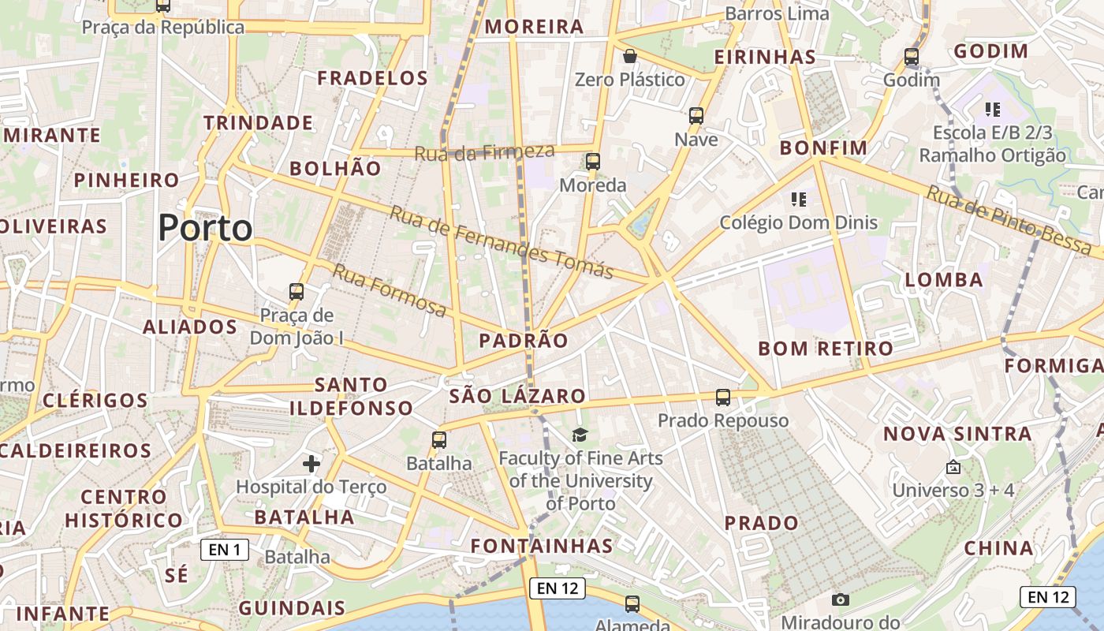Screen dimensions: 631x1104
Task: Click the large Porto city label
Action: coord(205,228)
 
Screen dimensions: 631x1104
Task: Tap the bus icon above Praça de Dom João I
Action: coord(297,291)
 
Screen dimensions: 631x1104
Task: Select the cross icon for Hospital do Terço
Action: coord(311,463)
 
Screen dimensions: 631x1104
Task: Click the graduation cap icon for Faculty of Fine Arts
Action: coord(580,435)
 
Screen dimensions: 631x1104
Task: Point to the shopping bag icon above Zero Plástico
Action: coord(629,56)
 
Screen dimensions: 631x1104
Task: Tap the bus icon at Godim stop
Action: coord(912,57)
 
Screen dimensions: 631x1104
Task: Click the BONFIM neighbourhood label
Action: coord(823,147)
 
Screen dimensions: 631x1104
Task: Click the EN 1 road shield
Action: coord(225,550)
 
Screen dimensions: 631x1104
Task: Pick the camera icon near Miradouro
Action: coord(841,599)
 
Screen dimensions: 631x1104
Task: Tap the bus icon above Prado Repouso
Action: coord(723,398)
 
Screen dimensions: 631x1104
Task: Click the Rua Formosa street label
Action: coord(389,290)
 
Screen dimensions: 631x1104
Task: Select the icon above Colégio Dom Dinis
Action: coord(798,200)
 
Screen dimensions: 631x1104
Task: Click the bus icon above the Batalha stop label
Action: coord(439,440)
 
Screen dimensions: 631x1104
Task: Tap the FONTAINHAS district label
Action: coord(542,546)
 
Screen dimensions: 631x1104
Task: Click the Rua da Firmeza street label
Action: coord(484,151)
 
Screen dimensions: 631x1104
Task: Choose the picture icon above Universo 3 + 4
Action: coord(953,467)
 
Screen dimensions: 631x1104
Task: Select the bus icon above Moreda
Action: coord(593,162)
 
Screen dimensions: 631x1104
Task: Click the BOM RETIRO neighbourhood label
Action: coord(826,349)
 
